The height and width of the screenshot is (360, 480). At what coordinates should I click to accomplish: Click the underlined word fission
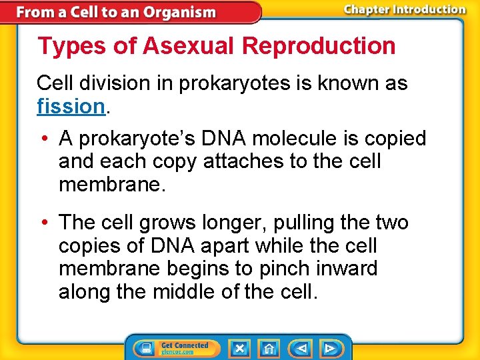[71, 106]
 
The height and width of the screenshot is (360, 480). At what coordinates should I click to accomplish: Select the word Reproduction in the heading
[319, 46]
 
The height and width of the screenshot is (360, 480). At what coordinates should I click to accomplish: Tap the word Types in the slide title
[70, 46]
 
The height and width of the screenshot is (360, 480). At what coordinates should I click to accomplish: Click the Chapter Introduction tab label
[404, 9]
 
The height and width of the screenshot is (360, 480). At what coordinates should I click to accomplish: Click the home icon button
[269, 348]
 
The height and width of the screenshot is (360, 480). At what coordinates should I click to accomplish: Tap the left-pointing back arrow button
[301, 348]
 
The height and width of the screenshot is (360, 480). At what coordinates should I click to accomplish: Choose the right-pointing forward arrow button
[330, 348]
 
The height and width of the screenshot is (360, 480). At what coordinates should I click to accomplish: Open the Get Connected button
[175, 348]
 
